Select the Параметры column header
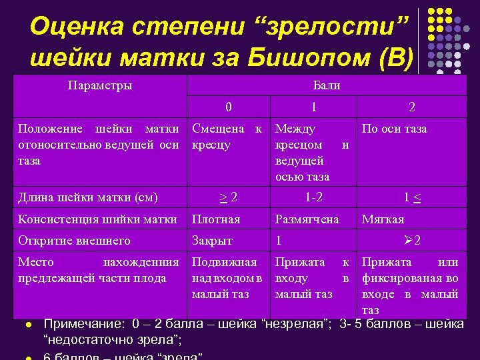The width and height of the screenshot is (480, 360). (100, 85)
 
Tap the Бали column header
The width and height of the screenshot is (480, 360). (326, 85)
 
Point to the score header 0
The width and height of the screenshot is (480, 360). (229, 107)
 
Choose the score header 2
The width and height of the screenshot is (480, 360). (411, 107)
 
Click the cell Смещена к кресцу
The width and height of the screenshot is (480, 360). (227, 136)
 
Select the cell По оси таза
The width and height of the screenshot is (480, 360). (394, 129)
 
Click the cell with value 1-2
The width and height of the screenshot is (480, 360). (313, 197)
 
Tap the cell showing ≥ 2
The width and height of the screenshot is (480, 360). (229, 197)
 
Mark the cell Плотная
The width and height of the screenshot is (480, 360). (216, 219)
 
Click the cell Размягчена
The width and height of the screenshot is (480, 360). (307, 219)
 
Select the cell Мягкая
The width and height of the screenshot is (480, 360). (383, 219)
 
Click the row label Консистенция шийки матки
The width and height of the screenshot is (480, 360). (97, 219)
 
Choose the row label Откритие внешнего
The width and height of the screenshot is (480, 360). (74, 241)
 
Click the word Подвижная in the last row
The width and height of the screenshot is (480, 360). (224, 263)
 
